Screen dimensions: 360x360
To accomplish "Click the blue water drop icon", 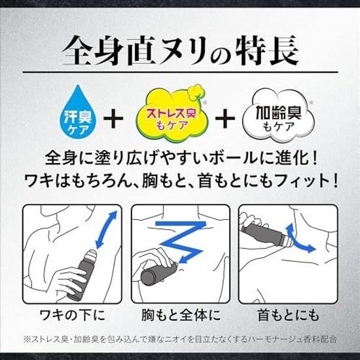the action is point(78,113).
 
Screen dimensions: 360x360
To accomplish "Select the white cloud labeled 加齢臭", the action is point(278,117).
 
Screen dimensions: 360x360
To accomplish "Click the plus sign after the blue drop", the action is point(113,118).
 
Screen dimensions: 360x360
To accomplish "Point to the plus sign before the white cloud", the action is point(225,118).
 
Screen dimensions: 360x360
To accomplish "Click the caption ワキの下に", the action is point(72,315).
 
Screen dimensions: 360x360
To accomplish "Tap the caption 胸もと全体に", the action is point(181,315).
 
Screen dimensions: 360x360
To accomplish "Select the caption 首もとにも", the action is point(289,315).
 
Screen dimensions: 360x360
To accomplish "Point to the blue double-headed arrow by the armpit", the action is point(106,230).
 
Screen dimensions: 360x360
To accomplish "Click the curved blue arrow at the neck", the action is point(298,239).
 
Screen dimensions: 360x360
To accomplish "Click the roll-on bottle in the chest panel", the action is point(159,273).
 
